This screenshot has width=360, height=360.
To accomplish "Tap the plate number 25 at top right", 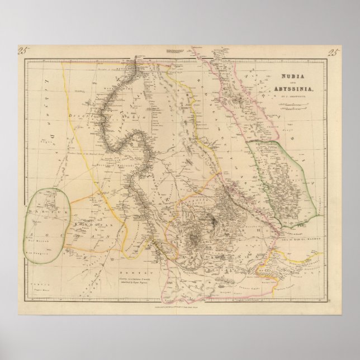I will (x=333, y=54).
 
